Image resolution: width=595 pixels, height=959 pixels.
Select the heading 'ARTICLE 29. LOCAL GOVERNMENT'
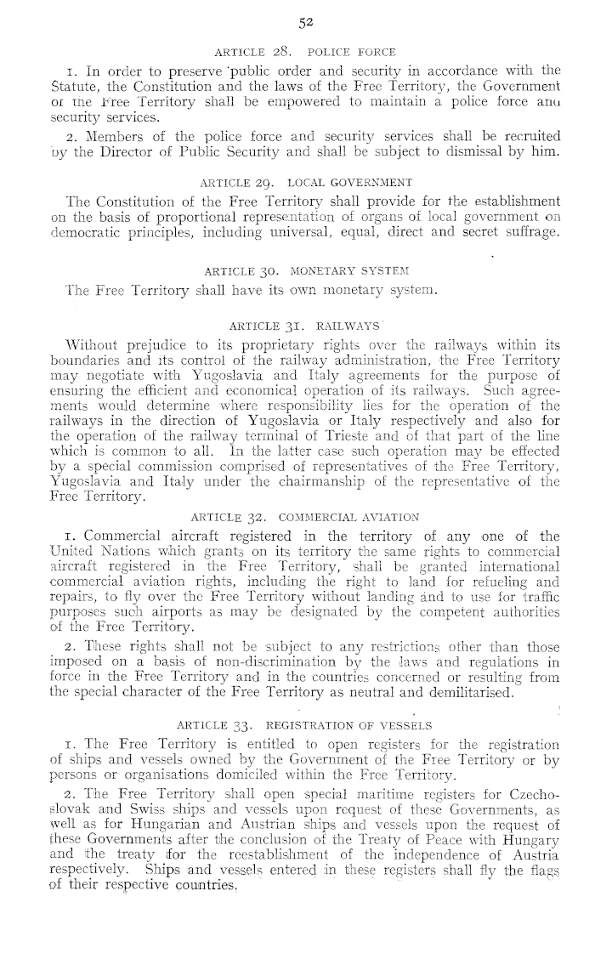(x=306, y=183)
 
